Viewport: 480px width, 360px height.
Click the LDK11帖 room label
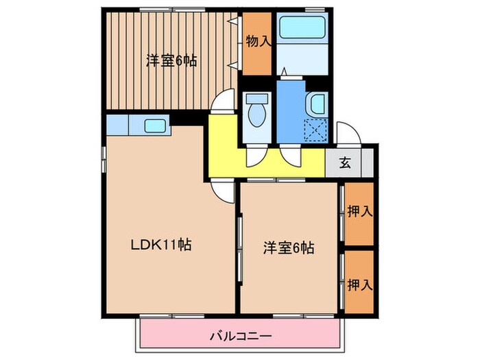click(x=161, y=244)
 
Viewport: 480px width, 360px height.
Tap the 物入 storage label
click(x=259, y=41)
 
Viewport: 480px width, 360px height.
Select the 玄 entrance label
click(x=346, y=163)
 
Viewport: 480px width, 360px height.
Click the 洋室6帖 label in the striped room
click(x=171, y=60)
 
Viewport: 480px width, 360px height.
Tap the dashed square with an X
click(x=317, y=129)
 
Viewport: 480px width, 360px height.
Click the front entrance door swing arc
click(x=345, y=132)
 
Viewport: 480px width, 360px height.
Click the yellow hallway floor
click(x=274, y=165)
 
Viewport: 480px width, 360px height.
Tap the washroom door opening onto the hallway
click(x=291, y=155)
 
